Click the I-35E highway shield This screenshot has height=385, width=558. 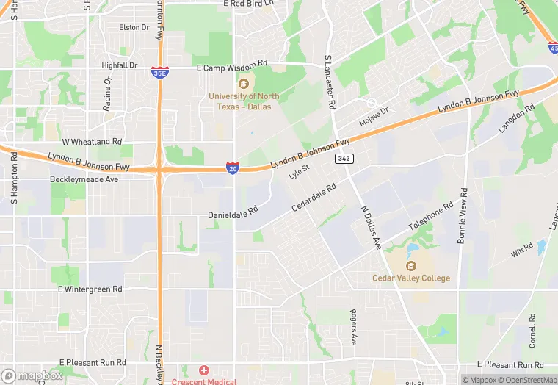(x=159, y=72)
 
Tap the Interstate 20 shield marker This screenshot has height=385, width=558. (x=232, y=169)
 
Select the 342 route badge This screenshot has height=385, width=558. (x=343, y=159)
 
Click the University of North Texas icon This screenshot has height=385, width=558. (x=243, y=83)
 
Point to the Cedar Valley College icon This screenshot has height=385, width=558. (x=412, y=265)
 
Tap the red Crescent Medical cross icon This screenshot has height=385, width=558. (x=203, y=370)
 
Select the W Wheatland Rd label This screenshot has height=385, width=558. (x=92, y=141)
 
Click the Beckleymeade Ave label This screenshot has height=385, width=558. (x=84, y=179)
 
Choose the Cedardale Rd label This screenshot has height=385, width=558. (x=314, y=198)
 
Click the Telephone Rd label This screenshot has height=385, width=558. (x=431, y=217)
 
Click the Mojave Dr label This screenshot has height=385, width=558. (x=374, y=115)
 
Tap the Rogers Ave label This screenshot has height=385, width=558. (x=353, y=328)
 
